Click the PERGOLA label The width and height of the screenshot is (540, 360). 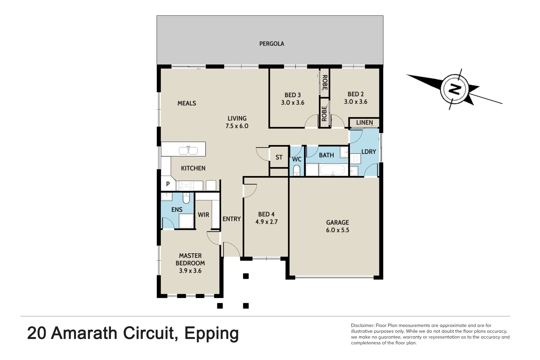[x=271, y=44]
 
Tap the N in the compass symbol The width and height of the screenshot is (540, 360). [x=454, y=89]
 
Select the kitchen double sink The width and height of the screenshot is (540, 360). [x=188, y=150]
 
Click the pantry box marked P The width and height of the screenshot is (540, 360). [x=168, y=184]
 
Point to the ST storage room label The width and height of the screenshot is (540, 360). [x=279, y=157]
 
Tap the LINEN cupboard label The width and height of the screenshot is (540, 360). [x=364, y=123]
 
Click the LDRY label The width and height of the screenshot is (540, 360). [x=369, y=152]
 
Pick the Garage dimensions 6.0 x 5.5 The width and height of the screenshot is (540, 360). [x=337, y=230]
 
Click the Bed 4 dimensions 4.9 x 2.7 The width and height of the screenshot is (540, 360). [x=266, y=222]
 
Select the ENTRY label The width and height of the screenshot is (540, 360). [x=231, y=219]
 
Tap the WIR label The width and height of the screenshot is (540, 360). [x=203, y=215]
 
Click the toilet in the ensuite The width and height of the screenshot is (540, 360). [x=186, y=198]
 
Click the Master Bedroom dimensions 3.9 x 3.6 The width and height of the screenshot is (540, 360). [x=190, y=271]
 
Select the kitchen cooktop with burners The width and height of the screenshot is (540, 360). [x=184, y=185]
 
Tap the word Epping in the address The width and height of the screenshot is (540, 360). [x=211, y=333]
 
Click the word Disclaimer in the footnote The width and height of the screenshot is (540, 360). [x=362, y=325]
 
